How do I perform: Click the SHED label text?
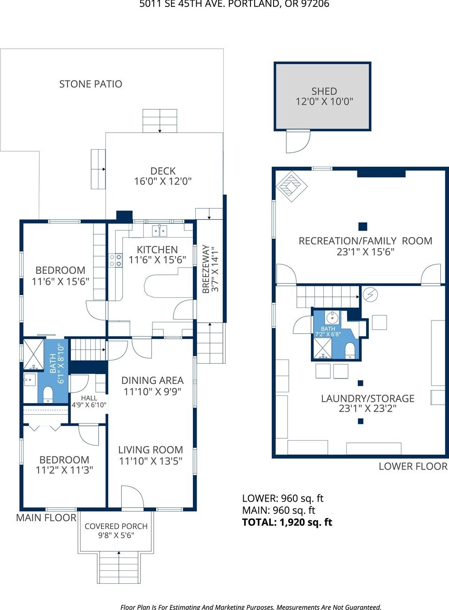pyautogui.click(x=324, y=91)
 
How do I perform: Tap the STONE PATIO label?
pyautogui.click(x=91, y=84)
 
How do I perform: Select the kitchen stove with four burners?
pyautogui.click(x=116, y=260)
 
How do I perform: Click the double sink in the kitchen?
pyautogui.click(x=159, y=232)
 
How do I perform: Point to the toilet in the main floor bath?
pyautogui.click(x=48, y=395)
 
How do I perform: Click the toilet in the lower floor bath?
pyautogui.click(x=350, y=351)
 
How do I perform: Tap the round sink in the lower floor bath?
pyautogui.click(x=332, y=317)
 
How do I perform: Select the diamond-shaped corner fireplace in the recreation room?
pyautogui.click(x=292, y=186)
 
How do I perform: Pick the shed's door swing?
pyautogui.click(x=298, y=141)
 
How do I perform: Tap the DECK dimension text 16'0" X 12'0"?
pyautogui.click(x=163, y=181)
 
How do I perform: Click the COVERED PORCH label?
pyautogui.click(x=116, y=526)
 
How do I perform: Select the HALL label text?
pyautogui.click(x=89, y=398)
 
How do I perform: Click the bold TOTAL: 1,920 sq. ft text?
pyautogui.click(x=287, y=522)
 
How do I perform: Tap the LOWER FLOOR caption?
pyautogui.click(x=413, y=466)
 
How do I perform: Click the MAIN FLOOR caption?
pyautogui.click(x=47, y=517)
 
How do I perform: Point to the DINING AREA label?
pyautogui.click(x=152, y=380)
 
